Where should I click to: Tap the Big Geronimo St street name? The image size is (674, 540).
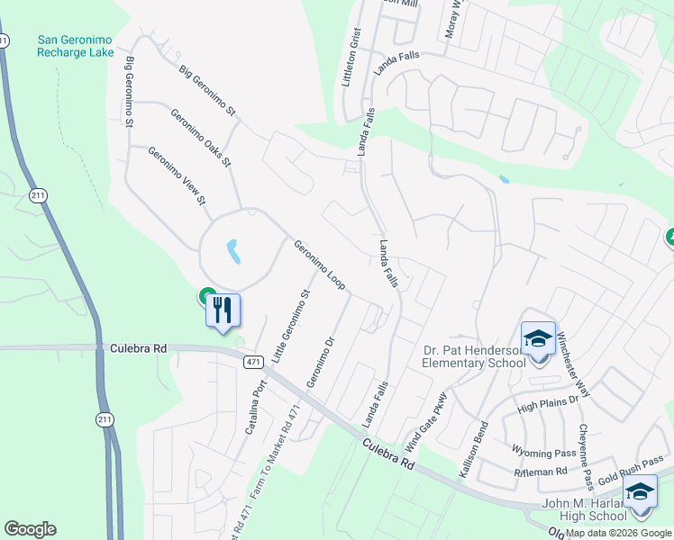(206, 91)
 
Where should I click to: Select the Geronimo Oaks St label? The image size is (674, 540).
(201, 137)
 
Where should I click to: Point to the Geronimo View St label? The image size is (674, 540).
(178, 175)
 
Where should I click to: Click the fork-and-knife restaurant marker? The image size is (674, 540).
(223, 311)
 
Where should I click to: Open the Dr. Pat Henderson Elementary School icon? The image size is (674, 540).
(539, 339)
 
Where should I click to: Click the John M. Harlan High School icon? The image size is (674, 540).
(640, 492)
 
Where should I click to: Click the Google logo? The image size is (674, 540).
(30, 529)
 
